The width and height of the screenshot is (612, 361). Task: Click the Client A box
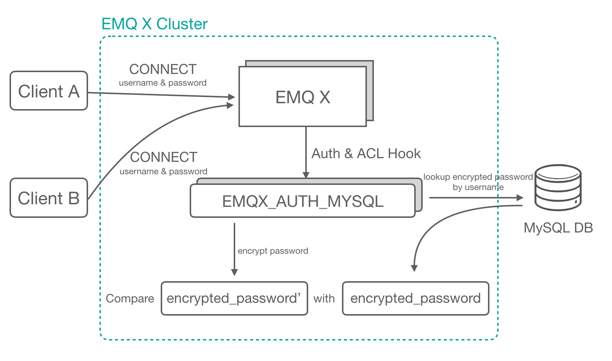coord(49,91)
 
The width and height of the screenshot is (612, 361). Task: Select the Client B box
coord(49,198)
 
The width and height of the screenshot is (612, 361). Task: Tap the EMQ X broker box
coord(303,97)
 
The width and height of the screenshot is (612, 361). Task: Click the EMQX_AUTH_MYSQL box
coord(303,201)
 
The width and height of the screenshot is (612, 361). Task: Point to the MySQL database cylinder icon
coord(558,187)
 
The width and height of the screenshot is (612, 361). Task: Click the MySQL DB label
coord(558,228)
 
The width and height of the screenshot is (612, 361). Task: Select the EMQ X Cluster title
coord(154,24)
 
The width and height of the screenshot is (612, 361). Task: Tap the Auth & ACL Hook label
coord(366,154)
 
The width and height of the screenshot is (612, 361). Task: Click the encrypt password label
coord(273,251)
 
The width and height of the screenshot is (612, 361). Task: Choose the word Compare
coord(130,299)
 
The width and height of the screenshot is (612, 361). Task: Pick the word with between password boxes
coord(324,299)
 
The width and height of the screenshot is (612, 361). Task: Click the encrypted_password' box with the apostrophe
coord(234,298)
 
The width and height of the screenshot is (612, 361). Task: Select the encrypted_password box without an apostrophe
coord(415,298)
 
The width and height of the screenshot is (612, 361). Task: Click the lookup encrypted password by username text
coord(478,182)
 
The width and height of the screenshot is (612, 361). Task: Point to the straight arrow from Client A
coord(161,95)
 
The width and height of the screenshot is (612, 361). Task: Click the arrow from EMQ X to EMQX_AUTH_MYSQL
coord(306,152)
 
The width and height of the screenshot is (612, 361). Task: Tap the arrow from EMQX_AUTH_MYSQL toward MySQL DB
coord(476,198)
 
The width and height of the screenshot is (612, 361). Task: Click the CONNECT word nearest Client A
coord(163,69)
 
